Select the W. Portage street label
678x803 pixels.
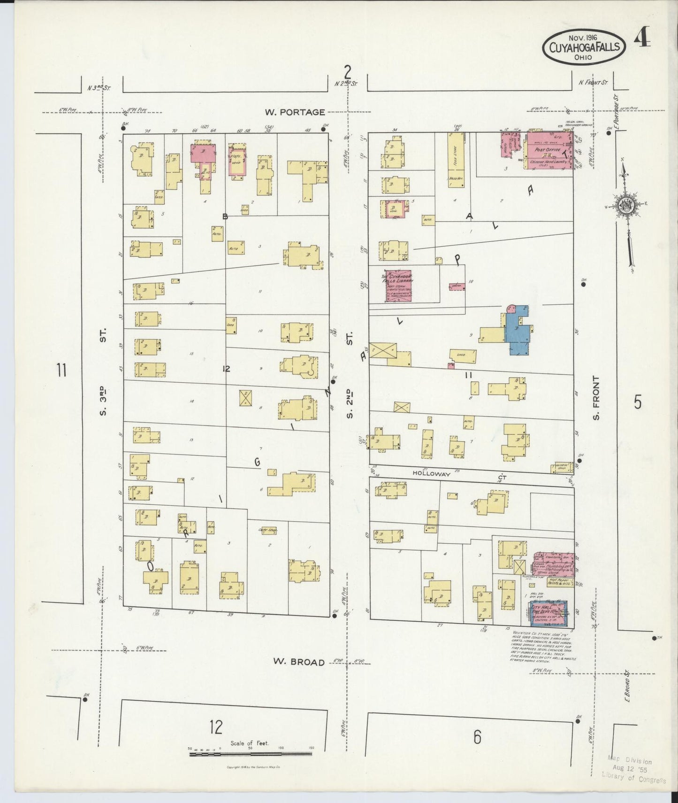295,112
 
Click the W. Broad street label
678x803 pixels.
299,662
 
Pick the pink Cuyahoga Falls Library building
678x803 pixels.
398,286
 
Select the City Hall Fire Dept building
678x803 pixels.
548,613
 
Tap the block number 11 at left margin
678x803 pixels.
61,371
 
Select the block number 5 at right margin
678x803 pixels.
637,402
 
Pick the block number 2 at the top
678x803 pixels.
347,72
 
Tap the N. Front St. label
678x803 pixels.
593,83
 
